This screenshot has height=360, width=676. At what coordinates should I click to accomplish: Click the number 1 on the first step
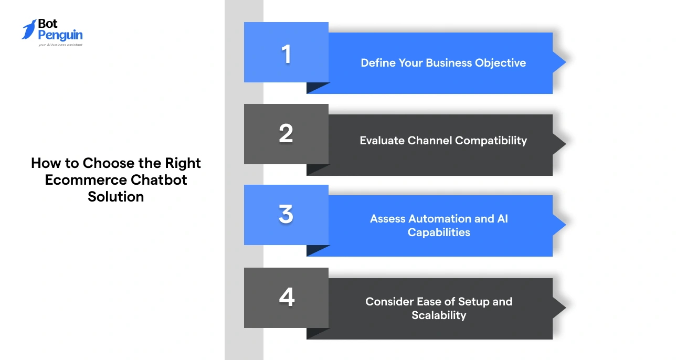point(286,54)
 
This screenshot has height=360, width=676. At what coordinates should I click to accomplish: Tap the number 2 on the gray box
point(286,134)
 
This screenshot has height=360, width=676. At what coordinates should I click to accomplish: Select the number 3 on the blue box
point(286,215)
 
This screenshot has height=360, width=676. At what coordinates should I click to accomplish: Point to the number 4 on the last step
point(287,298)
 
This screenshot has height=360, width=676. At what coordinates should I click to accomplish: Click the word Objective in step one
point(500,63)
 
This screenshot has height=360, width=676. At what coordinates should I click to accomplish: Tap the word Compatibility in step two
point(491,141)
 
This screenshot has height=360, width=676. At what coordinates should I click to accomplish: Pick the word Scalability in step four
point(439,315)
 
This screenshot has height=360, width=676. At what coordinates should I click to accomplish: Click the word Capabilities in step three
point(439,232)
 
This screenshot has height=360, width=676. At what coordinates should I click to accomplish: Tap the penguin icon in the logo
point(29,30)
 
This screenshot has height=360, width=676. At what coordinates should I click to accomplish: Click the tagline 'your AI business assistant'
point(60,45)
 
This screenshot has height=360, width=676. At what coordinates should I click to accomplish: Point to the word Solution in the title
point(116,197)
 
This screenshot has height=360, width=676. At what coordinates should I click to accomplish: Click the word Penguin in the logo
point(60,35)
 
